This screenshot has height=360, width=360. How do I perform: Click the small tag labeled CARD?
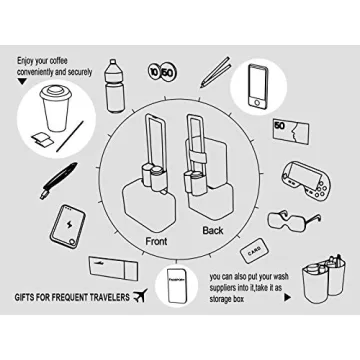pos(253,247)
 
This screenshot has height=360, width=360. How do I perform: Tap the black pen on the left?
pos(56,182)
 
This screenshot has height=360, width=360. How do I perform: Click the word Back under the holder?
pos(213,231)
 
